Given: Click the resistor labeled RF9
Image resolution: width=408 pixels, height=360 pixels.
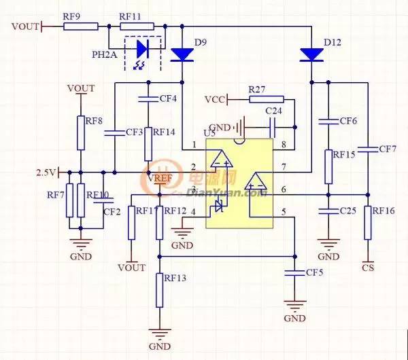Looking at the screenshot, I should (x=82, y=26).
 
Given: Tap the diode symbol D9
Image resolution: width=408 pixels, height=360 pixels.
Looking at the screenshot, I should (x=182, y=53).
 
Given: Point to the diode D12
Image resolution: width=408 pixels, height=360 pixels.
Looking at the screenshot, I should (x=311, y=54).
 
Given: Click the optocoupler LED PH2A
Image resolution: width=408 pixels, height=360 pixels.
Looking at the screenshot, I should (x=143, y=49).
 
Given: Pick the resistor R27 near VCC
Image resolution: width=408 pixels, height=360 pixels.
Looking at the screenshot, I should (x=266, y=99).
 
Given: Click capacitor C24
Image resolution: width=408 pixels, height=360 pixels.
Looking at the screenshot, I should (x=272, y=126).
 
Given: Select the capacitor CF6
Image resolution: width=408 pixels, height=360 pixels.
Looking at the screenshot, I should (x=329, y=122).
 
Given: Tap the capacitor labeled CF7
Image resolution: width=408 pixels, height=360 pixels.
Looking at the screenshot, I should (x=368, y=148).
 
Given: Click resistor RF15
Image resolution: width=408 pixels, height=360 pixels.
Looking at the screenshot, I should (x=329, y=167).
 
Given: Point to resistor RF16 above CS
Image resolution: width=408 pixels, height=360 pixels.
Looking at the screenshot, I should (x=368, y=223).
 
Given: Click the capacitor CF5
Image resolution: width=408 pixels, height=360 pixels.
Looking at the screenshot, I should (x=294, y=273).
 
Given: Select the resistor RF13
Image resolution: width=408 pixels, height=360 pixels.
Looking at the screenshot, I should (x=160, y=289).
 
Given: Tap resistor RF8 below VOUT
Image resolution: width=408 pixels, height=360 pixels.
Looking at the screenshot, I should (x=81, y=132).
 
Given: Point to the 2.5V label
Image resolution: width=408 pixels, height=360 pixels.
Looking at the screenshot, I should (x=45, y=172).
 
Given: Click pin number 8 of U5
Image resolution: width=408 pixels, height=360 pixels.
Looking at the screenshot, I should (x=284, y=145).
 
